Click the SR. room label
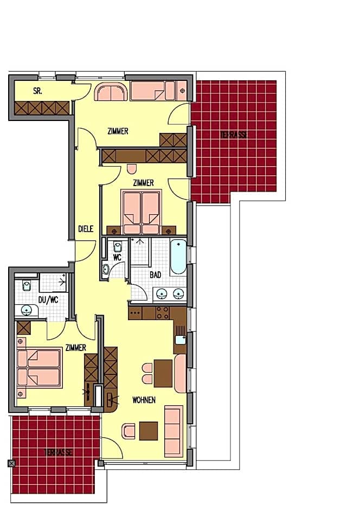click(x=37, y=91)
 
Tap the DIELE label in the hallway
click(x=86, y=229)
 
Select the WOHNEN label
click(x=144, y=400)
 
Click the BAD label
click(x=156, y=275)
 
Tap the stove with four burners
click(x=162, y=313)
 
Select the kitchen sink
click(x=180, y=341)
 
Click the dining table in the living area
click(x=163, y=373)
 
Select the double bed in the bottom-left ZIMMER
click(x=39, y=368)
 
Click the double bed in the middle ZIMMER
click(x=141, y=210)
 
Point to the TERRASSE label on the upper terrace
click(x=234, y=135)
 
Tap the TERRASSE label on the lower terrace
click(x=58, y=452)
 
